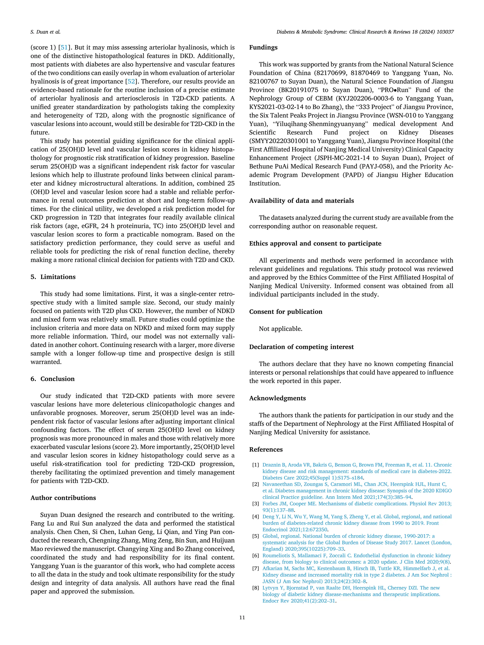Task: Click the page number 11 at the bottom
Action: (x=242, y=617)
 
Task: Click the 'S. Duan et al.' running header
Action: (x=46, y=32)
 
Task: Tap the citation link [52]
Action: (x=131, y=81)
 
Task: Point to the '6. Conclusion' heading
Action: (x=52, y=379)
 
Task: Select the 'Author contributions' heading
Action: (x=63, y=498)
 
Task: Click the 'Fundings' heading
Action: (x=263, y=47)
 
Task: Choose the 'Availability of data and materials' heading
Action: (x=301, y=201)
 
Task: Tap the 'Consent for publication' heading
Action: (x=286, y=312)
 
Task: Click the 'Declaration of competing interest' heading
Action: (x=301, y=347)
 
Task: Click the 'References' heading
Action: (x=266, y=449)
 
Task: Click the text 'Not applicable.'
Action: (x=280, y=329)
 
